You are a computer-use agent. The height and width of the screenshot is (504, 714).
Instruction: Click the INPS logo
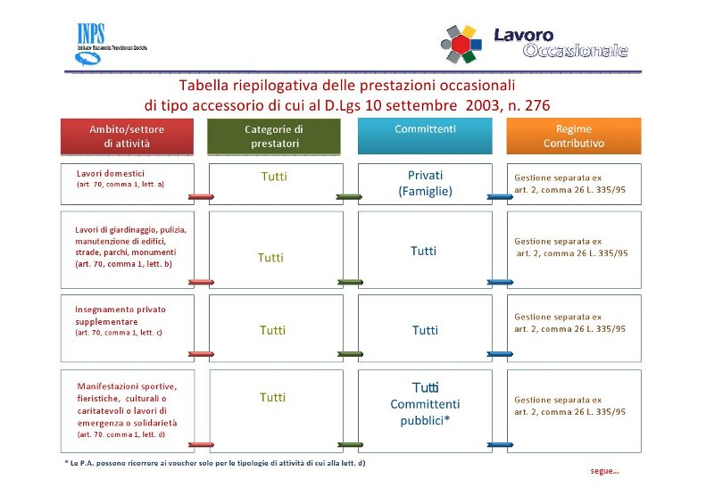[x=91, y=45]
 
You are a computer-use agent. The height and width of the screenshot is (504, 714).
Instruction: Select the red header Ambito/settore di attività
[x=127, y=136]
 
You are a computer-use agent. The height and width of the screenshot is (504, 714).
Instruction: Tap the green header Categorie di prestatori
[x=274, y=136]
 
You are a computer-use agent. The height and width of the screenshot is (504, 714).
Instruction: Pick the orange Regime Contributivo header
[x=574, y=136]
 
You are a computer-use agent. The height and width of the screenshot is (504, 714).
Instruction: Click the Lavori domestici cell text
[x=111, y=173]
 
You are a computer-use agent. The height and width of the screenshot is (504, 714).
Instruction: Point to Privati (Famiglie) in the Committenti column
[x=425, y=183]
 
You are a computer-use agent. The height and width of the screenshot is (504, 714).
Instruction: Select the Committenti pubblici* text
[x=425, y=412]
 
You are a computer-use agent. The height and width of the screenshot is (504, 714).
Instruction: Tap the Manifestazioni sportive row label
[x=127, y=386]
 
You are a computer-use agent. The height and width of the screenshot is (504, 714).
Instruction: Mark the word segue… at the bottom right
[x=604, y=470]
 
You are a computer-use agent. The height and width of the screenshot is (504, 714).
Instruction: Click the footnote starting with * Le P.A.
[x=215, y=463]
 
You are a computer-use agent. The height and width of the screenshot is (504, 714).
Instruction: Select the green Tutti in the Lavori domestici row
[x=274, y=177]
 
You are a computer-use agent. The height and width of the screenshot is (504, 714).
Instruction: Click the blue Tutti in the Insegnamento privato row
[x=425, y=330]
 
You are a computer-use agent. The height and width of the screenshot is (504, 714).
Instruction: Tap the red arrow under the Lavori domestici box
[x=202, y=196]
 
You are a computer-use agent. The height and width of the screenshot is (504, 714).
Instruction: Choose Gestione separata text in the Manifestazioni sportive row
[x=558, y=400]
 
